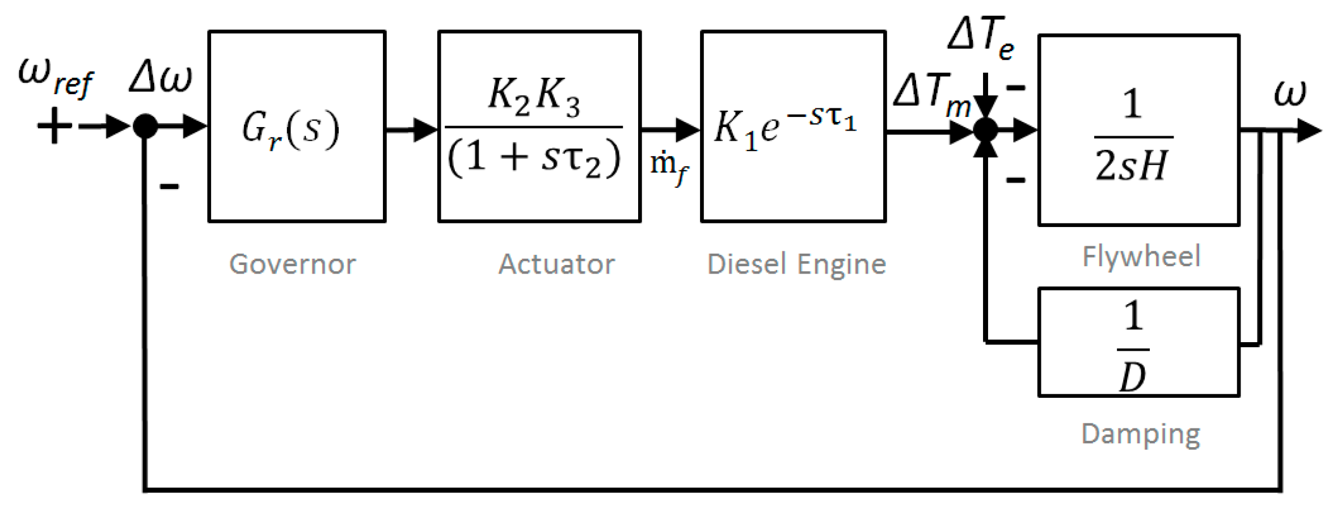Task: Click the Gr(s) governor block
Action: [297, 126]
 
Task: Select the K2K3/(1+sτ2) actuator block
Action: [539, 126]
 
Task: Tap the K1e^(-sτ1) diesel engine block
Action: [793, 126]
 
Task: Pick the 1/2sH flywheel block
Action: [1138, 130]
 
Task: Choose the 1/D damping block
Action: [1138, 342]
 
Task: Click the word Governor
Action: [292, 264]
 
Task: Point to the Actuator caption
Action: [556, 264]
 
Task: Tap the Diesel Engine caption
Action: [796, 264]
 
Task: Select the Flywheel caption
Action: [1141, 256]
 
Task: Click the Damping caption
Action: [1141, 434]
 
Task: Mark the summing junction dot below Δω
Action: [145, 126]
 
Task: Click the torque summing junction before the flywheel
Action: [986, 130]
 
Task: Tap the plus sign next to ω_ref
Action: [54, 125]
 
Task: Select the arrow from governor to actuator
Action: [412, 130]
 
